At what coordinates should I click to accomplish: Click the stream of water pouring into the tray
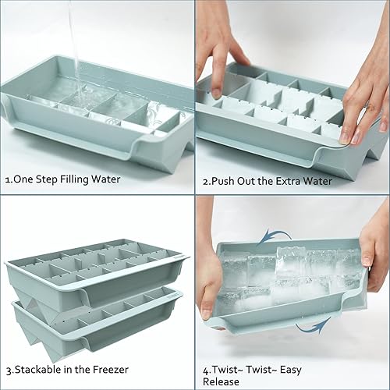(73, 39)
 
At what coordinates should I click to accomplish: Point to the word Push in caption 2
(227, 180)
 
